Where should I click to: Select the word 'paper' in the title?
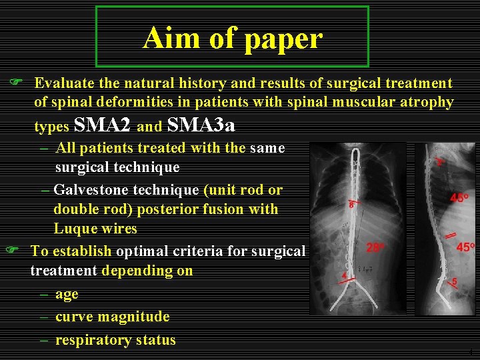coord(283,39)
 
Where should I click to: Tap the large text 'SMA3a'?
coord(201,125)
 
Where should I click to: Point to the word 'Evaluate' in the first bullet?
coord(64,83)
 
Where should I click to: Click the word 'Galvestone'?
coord(91,190)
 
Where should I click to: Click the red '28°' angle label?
coord(375,247)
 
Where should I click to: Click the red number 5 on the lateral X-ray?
coord(455,281)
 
